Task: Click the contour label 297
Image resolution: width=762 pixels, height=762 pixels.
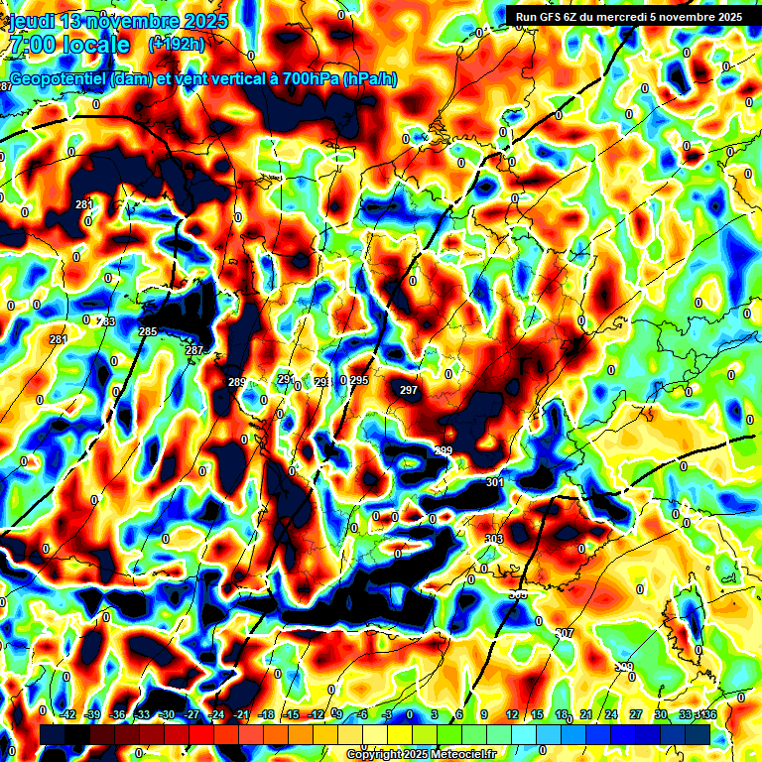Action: [x=409, y=391]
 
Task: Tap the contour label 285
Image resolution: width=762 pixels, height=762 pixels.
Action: [x=148, y=331]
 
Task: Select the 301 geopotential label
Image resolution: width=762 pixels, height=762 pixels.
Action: [x=495, y=483]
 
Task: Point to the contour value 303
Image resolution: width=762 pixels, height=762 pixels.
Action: [x=493, y=539]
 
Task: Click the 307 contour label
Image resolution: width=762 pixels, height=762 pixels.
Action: [x=565, y=633]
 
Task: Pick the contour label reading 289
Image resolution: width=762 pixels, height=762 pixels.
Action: [x=236, y=382]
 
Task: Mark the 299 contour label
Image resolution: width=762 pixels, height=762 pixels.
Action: [x=443, y=451]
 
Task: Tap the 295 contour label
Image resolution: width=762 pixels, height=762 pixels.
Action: [x=359, y=381]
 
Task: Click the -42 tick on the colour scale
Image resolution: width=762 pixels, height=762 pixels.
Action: [x=68, y=714]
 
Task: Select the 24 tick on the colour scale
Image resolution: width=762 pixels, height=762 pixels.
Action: [x=611, y=714]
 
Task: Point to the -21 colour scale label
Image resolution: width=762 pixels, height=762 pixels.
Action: [x=241, y=714]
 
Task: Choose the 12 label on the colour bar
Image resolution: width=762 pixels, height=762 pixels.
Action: [x=512, y=714]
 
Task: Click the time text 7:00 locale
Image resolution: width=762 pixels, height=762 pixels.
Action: [x=69, y=45]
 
